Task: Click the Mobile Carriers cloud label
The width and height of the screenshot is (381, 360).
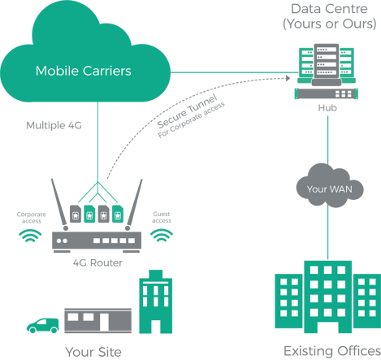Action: click(x=84, y=71)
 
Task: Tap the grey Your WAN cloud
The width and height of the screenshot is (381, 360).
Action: click(x=330, y=186)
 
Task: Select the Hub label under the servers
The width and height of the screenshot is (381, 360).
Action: click(x=327, y=108)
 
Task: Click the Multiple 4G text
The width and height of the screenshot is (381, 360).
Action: click(x=54, y=125)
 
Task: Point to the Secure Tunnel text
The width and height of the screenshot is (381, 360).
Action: click(x=188, y=111)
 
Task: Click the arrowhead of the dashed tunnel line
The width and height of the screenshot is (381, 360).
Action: click(x=288, y=78)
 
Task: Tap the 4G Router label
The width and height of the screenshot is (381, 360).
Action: click(x=97, y=262)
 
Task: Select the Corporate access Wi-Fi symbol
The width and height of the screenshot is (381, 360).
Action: click(x=30, y=236)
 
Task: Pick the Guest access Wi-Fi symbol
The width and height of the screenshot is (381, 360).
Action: click(x=162, y=235)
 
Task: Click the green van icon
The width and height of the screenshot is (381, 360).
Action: click(x=43, y=326)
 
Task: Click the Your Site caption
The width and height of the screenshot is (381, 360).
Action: click(x=93, y=352)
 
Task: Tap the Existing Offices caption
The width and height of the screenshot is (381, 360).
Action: click(x=332, y=351)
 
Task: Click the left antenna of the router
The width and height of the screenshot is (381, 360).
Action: click(x=59, y=204)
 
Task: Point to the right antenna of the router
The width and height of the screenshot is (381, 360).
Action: click(x=134, y=204)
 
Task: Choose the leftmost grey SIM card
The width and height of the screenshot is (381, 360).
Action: click(x=76, y=214)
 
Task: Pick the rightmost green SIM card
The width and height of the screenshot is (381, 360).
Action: click(x=118, y=214)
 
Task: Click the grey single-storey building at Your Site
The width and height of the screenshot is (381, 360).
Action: click(x=98, y=320)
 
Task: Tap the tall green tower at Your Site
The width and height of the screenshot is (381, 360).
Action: click(x=156, y=301)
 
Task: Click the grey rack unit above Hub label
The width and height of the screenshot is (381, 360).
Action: click(x=327, y=93)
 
